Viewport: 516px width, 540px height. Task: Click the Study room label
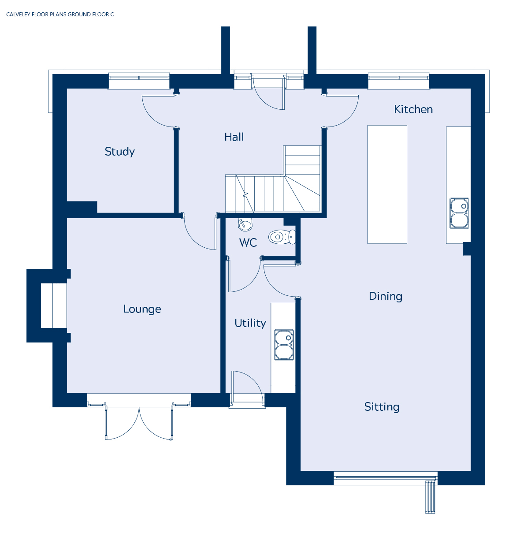pyautogui.click(x=119, y=152)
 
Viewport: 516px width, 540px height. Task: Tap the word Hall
pyautogui.click(x=234, y=137)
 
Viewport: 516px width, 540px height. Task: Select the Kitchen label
pyautogui.click(x=413, y=109)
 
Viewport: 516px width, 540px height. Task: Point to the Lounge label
pyautogui.click(x=142, y=309)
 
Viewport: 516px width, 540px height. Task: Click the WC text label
pyautogui.click(x=248, y=242)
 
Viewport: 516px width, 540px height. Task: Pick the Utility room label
pyautogui.click(x=250, y=323)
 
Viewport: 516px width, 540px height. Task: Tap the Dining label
pyautogui.click(x=385, y=296)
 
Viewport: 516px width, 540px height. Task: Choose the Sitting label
pyautogui.click(x=382, y=407)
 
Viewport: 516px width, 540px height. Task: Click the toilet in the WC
pyautogui.click(x=282, y=237)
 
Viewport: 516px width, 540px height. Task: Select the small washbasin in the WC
pyautogui.click(x=245, y=224)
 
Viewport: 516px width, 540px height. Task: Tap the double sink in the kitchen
pyautogui.click(x=459, y=213)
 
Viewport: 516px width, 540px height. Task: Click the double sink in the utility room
pyautogui.click(x=284, y=345)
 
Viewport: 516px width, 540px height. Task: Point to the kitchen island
pyautogui.click(x=387, y=185)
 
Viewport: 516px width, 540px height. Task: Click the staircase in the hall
pyautogui.click(x=273, y=179)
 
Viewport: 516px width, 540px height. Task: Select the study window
pyautogui.click(x=139, y=81)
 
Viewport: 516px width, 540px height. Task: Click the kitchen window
pyautogui.click(x=399, y=81)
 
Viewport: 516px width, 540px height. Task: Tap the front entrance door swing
pyautogui.click(x=268, y=93)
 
